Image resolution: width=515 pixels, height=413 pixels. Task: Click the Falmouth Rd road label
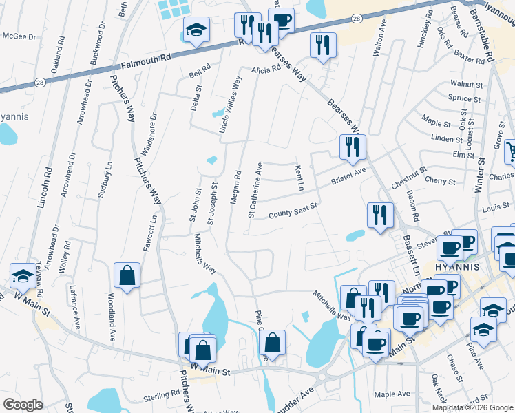[146, 61]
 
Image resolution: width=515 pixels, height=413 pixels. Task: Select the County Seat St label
[292, 210]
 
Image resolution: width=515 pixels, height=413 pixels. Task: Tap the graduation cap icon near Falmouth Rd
[196, 30]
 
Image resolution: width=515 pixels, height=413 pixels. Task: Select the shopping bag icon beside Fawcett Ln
[127, 275]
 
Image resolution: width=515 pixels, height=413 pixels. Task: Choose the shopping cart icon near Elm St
[511, 151]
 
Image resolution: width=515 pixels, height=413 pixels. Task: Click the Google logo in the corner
[23, 405]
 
